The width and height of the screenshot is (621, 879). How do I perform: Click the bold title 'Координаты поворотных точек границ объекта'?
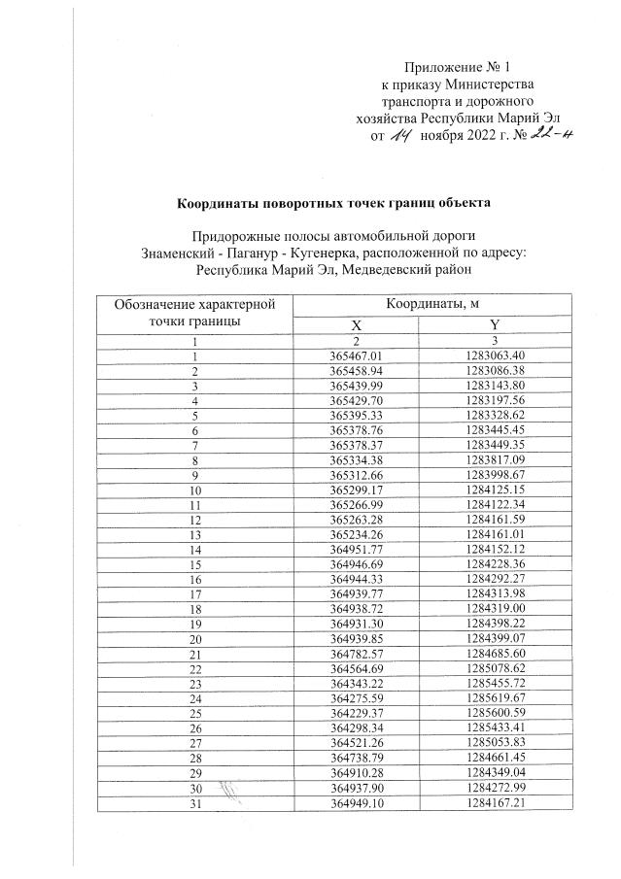[328, 203]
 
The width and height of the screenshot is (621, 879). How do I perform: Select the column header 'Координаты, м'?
[432, 304]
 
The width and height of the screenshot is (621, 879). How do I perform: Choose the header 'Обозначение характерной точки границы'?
[195, 313]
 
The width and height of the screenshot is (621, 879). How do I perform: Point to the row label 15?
[195, 562]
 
